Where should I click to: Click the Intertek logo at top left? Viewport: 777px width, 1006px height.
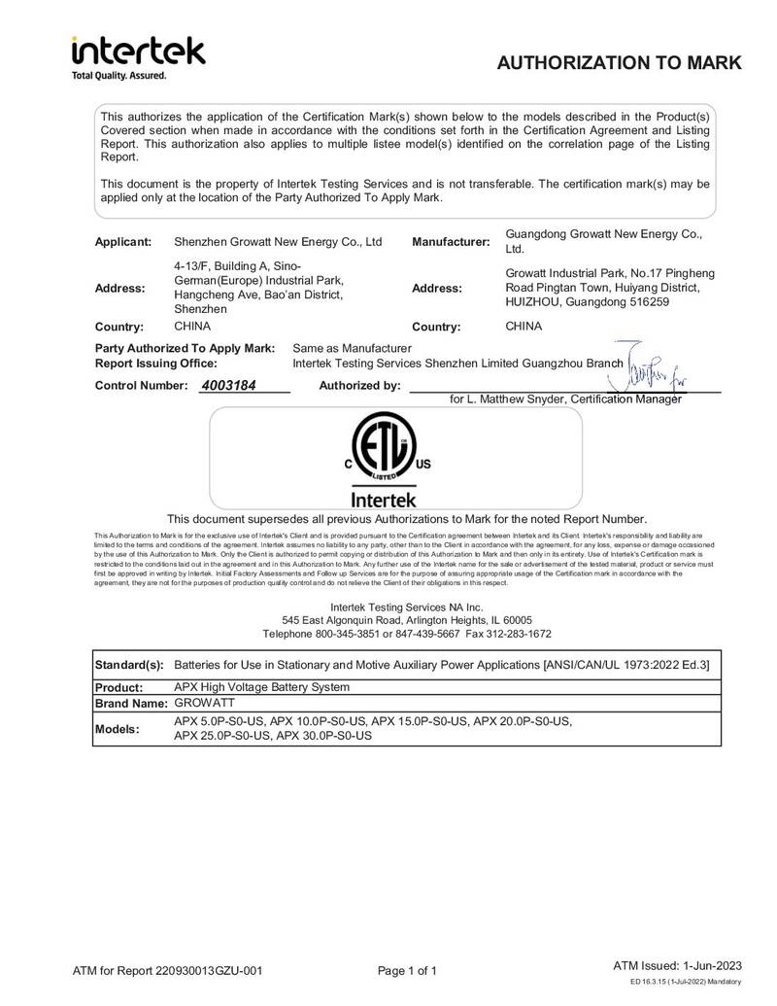(138, 52)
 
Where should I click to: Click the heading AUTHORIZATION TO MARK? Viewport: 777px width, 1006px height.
(619, 63)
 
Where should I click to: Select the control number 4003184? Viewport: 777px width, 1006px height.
(228, 385)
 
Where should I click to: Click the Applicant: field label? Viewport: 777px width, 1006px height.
(122, 241)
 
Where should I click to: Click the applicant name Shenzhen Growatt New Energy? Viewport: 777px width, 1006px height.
(277, 241)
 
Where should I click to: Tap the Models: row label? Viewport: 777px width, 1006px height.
(118, 729)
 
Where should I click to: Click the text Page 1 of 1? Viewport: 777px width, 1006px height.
(407, 970)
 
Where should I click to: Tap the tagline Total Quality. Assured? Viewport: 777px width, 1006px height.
(119, 76)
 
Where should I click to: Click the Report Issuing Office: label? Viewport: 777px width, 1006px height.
(155, 363)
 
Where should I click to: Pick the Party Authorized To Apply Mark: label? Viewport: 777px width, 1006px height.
(185, 348)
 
